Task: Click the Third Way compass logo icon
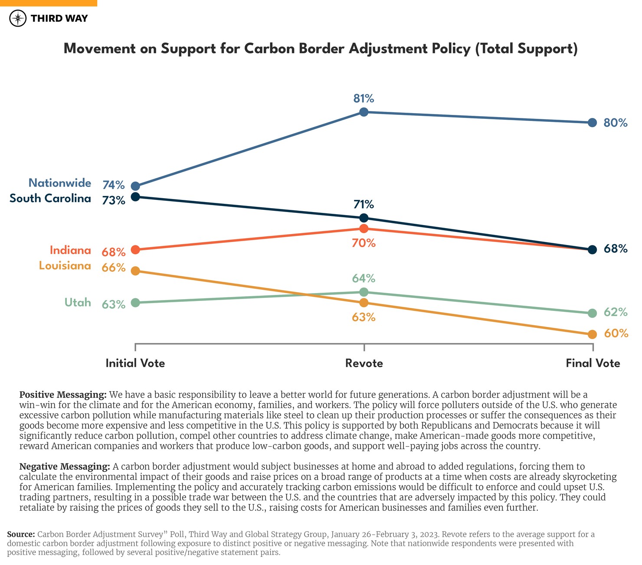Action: click(18, 18)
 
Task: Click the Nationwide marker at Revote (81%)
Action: click(364, 112)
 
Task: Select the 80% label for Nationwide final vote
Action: click(616, 123)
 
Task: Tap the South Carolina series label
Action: click(50, 199)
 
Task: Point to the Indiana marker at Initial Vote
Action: click(135, 250)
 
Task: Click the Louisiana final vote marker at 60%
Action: click(592, 334)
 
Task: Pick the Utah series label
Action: click(78, 303)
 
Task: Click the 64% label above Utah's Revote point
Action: click(364, 278)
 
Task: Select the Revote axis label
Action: click(364, 363)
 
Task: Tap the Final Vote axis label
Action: click(593, 363)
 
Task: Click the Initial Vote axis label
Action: click(135, 363)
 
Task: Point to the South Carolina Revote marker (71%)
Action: click(364, 218)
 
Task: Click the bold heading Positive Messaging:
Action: click(63, 395)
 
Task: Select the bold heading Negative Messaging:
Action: click(65, 467)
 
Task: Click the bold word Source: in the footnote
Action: click(21, 535)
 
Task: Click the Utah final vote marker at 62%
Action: click(592, 313)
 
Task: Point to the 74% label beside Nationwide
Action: click(114, 185)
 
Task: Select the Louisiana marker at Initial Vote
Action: click(135, 271)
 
